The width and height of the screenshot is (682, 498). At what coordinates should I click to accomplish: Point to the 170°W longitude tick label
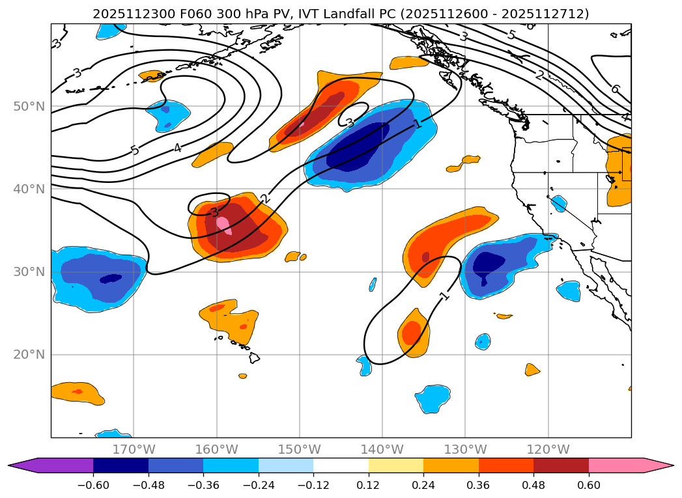tap(134, 449)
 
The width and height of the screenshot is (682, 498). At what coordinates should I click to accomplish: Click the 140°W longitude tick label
tap(382, 449)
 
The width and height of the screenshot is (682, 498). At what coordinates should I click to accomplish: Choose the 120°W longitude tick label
tap(548, 449)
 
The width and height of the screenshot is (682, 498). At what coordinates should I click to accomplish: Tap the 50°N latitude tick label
tap(29, 106)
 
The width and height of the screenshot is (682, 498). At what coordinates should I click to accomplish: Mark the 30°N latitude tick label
tap(29, 272)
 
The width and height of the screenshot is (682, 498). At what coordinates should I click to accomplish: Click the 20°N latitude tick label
tap(29, 355)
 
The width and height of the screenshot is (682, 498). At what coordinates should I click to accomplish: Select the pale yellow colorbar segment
tap(396, 465)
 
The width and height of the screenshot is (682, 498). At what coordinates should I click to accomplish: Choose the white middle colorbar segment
tap(341, 465)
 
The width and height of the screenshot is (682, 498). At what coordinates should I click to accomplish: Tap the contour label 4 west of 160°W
tap(177, 148)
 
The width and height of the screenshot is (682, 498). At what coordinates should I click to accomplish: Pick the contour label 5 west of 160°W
tap(135, 150)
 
